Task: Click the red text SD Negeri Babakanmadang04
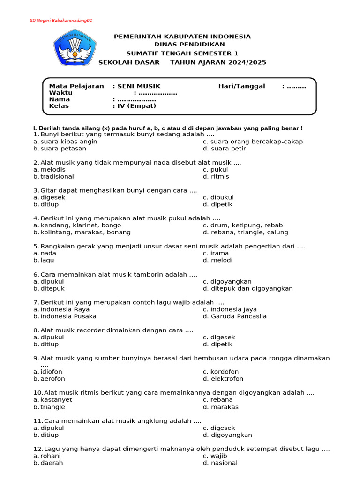61,21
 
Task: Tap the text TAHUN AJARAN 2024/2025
218,62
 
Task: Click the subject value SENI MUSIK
139,86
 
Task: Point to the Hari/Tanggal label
241,86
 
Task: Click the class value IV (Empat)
137,106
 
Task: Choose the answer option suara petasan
63,149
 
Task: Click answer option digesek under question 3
52,197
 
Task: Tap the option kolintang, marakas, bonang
85,232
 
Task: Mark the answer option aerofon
52,379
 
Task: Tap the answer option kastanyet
56,400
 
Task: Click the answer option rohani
51,456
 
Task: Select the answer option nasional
224,463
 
